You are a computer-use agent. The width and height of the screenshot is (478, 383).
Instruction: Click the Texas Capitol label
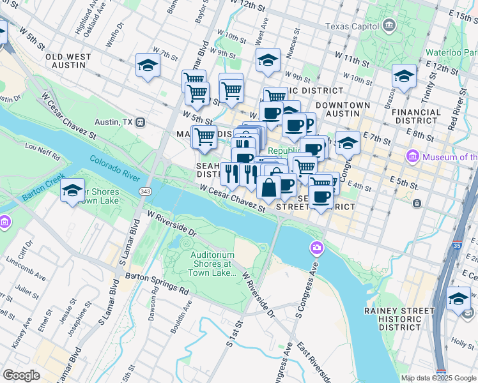pyautogui.click(x=351, y=26)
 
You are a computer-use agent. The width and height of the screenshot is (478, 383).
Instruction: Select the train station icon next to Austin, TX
pyautogui.click(x=141, y=122)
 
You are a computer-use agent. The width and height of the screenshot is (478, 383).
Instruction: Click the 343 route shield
pyautogui.click(x=145, y=191)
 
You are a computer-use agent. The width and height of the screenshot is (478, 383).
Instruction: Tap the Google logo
pyautogui.click(x=22, y=375)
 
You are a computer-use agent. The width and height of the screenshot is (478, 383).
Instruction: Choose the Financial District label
pyautogui.click(x=416, y=116)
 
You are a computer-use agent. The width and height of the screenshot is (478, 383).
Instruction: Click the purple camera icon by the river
pyautogui.click(x=316, y=247)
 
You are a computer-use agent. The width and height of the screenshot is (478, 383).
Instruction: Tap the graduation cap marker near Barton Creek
pyautogui.click(x=73, y=190)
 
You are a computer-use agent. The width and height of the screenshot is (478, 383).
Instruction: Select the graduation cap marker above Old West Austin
pyautogui.click(x=148, y=65)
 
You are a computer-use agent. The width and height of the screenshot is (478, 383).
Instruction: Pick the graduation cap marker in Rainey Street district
pyautogui.click(x=458, y=298)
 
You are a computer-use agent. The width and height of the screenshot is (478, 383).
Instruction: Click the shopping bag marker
pyautogui.click(x=269, y=188)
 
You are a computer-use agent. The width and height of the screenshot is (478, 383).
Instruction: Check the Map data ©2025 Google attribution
pyautogui.click(x=438, y=378)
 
